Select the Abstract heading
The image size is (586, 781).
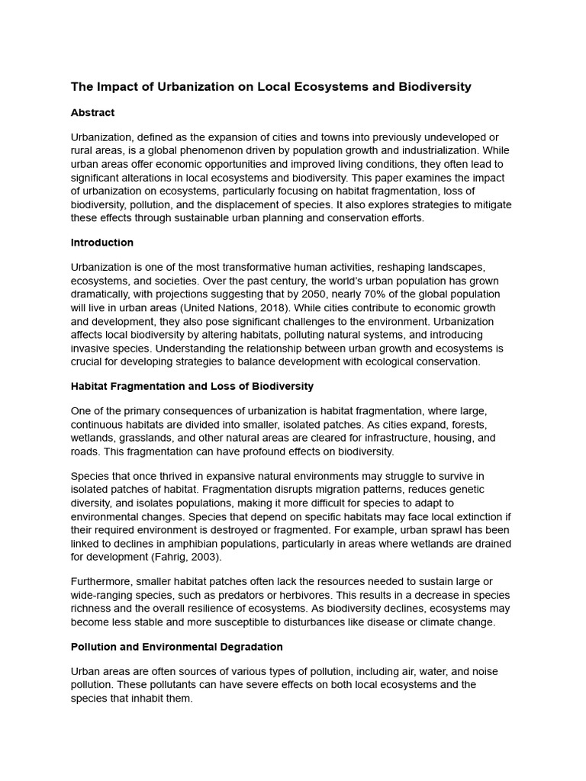click(x=92, y=113)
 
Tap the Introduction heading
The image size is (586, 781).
click(x=101, y=243)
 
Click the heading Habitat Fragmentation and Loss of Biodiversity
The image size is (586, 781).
click(x=192, y=387)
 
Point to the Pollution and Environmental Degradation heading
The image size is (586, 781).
click(x=176, y=647)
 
